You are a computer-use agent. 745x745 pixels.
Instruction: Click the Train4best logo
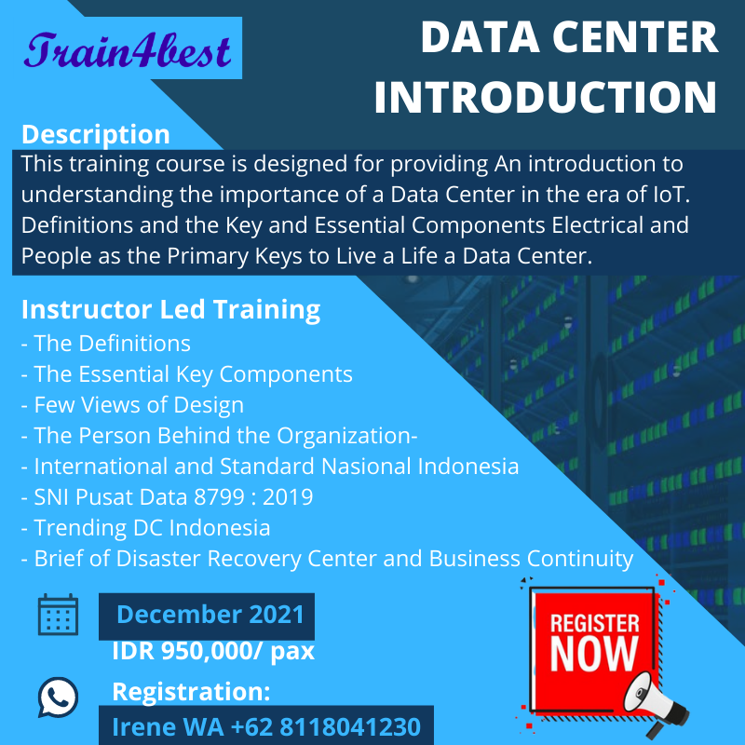click(x=129, y=50)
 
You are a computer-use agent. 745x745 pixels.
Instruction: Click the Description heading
click(x=95, y=134)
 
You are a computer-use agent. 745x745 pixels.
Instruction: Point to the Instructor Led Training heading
click(x=170, y=309)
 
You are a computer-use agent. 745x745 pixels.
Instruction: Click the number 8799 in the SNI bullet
click(x=215, y=497)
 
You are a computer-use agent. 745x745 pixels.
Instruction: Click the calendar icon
click(x=58, y=616)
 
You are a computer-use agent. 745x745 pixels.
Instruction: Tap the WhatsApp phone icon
click(x=58, y=696)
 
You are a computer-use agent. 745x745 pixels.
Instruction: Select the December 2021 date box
click(x=210, y=615)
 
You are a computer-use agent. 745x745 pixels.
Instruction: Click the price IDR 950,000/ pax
click(x=212, y=651)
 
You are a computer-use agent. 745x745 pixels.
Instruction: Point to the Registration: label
click(x=191, y=693)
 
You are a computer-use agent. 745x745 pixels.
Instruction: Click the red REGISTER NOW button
click(x=594, y=642)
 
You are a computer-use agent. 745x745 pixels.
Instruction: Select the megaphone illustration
click(x=660, y=703)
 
